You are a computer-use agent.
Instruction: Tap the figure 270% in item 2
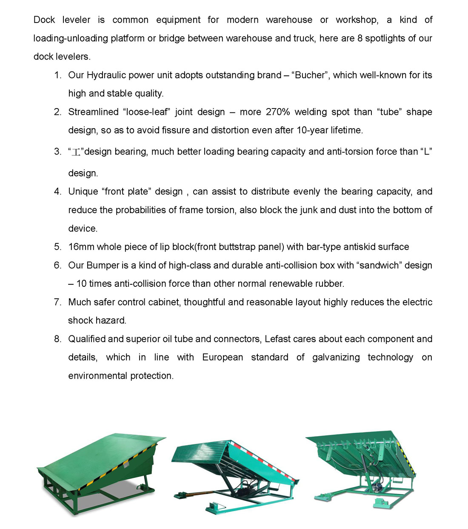pyautogui.click(x=278, y=112)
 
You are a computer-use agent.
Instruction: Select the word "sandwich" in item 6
pyautogui.click(x=380, y=265)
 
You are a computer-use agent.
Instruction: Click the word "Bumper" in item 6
pyautogui.click(x=103, y=265)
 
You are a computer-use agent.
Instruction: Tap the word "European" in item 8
pyautogui.click(x=223, y=357)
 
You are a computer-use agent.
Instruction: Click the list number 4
pyautogui.click(x=57, y=192)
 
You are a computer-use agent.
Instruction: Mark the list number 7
pyautogui.click(x=57, y=302)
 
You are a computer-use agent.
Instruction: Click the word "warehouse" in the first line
pyautogui.click(x=289, y=20)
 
